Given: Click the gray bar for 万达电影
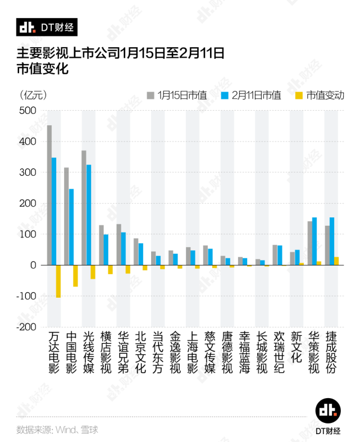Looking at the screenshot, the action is [49, 195].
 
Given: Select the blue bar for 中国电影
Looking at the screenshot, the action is [71, 227].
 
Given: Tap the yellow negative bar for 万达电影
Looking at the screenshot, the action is [58, 281].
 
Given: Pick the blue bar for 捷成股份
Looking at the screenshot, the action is [332, 241].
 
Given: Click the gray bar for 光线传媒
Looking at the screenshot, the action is [84, 208].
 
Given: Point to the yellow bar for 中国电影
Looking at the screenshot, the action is [76, 276].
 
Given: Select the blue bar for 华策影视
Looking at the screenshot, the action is [315, 241].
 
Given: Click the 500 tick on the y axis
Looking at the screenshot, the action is [28, 111].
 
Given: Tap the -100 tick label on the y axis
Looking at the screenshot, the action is [26, 297].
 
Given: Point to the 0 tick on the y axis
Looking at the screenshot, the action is [33, 265].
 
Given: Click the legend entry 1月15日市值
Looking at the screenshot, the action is [177, 95].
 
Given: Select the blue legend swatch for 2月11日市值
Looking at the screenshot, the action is [225, 95].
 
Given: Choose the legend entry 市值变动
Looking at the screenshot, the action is [320, 95].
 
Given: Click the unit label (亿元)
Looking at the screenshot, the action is [33, 95].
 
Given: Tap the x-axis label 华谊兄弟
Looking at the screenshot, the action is [123, 352].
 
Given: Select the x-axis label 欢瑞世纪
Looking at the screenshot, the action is [279, 352].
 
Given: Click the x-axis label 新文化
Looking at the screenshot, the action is [297, 347].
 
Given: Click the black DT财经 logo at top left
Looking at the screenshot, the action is [47, 27].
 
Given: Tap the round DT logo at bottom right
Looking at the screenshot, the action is [328, 411].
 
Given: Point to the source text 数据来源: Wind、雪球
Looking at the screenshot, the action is [57, 430].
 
